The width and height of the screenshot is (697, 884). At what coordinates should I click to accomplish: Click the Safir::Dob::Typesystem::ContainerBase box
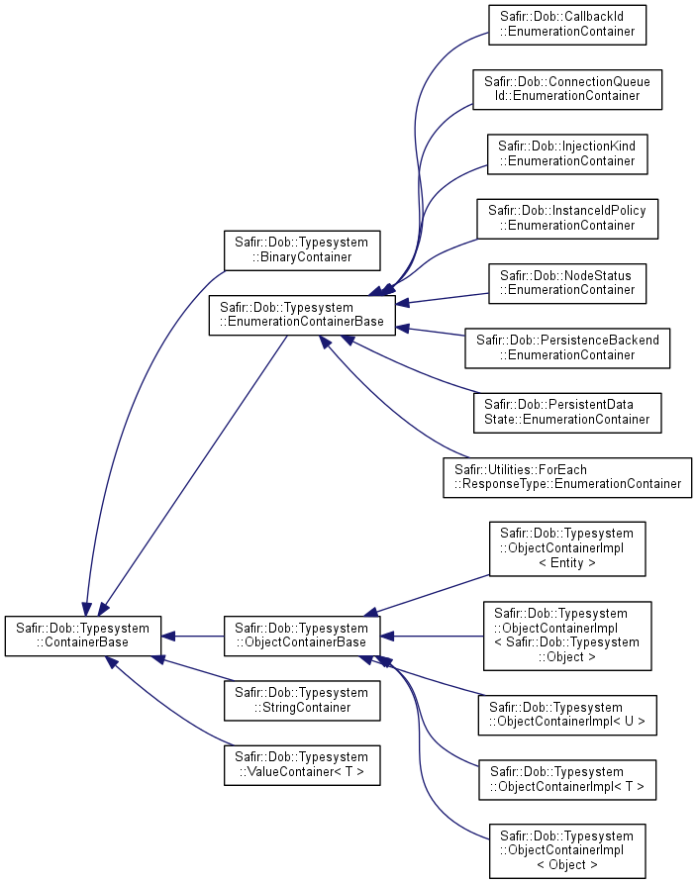coord(83,636)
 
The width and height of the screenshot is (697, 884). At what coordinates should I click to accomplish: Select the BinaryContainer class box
coord(302,250)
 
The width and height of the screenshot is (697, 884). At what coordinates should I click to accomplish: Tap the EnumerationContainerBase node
coord(302,315)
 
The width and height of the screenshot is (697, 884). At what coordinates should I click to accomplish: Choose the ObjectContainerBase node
coord(302,636)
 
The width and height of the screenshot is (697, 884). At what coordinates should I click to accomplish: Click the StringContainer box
coord(302,701)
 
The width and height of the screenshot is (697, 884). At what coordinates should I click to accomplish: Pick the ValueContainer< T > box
coord(302,765)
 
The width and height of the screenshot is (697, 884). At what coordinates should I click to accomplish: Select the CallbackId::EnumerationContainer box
coord(567,25)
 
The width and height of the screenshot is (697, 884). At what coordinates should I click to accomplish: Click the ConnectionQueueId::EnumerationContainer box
coord(567,90)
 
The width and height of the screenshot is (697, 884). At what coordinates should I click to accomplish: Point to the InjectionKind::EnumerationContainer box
coord(567,153)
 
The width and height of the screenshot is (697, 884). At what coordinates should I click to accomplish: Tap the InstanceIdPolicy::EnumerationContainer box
coord(567,219)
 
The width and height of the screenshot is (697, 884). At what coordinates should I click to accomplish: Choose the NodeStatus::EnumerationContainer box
coord(567,283)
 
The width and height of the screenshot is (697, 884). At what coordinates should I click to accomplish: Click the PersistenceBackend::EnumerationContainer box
coord(567,348)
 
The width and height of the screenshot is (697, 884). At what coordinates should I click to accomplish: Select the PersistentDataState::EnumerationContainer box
coord(567,413)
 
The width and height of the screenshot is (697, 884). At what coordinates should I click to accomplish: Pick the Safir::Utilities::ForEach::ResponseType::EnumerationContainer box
coord(567,477)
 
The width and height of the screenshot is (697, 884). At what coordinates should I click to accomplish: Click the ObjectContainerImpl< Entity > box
coord(567,548)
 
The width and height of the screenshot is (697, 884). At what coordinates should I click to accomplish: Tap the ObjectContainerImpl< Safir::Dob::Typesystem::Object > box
coord(567,636)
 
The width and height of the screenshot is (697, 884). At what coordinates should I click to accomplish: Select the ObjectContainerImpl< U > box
coord(567,716)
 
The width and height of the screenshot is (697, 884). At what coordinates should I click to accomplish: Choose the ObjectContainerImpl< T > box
coord(567,780)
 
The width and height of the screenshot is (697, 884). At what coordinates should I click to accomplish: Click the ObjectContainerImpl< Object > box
coord(567,851)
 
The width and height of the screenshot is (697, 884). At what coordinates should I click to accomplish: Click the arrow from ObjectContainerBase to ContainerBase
coord(193,637)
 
